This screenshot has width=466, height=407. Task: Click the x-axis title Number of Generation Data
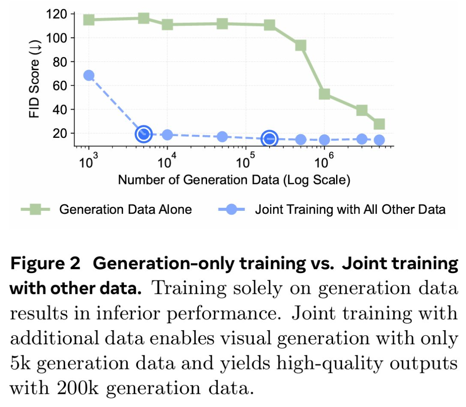pos(233,180)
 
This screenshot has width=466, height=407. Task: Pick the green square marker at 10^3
pos(88,19)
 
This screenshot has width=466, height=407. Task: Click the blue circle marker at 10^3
pos(88,76)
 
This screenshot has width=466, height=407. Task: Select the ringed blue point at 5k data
pos(144,134)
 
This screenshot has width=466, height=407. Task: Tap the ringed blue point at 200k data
pos(270,138)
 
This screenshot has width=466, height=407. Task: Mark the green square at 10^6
pos(324,94)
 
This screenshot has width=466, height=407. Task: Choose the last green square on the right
pos(379,124)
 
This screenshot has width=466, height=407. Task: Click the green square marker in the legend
pos(37,210)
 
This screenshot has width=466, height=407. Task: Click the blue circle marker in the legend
pos(232,210)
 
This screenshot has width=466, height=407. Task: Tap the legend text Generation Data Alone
pos(126,210)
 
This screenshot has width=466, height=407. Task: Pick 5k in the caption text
pos(22,364)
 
